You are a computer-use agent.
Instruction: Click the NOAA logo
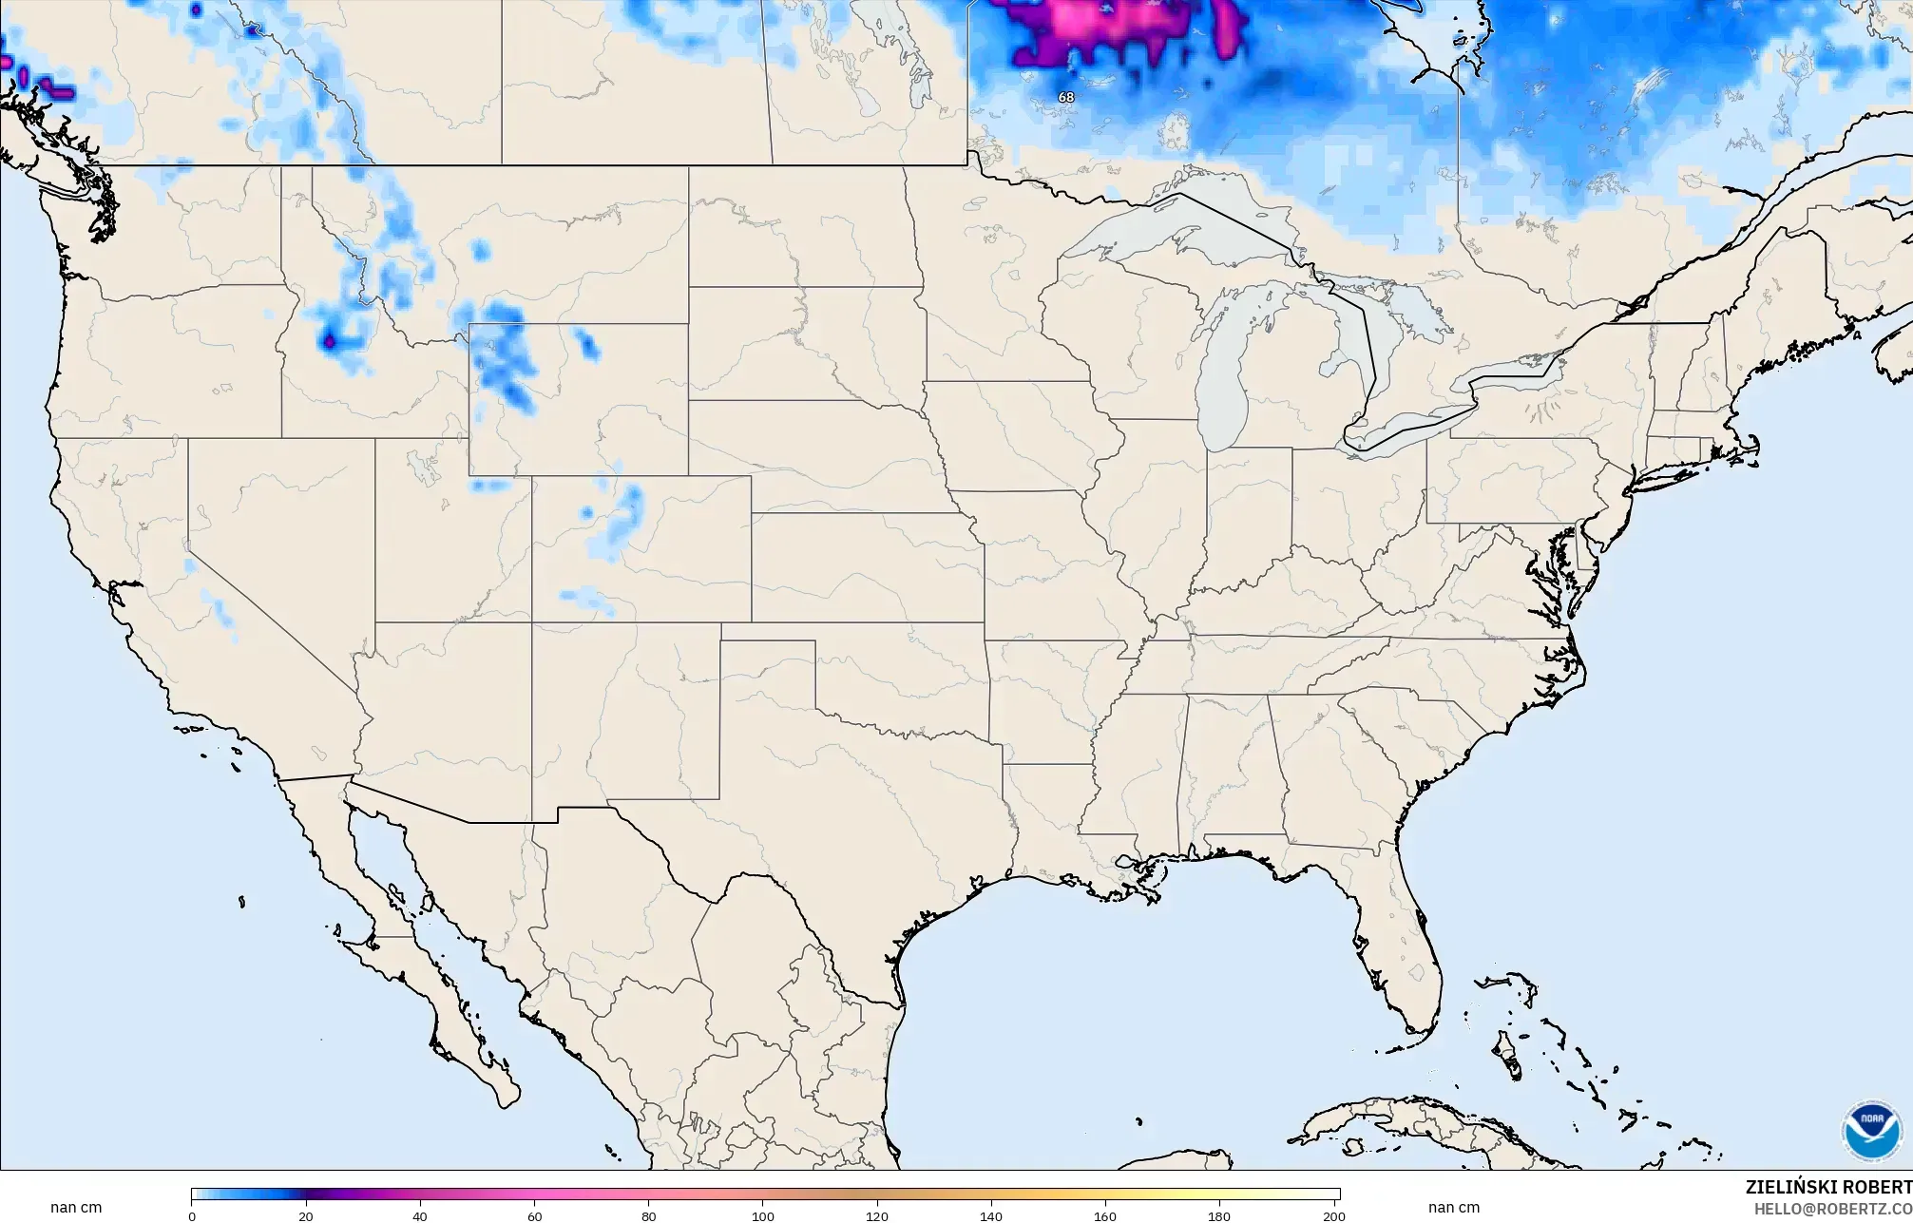(x=1872, y=1131)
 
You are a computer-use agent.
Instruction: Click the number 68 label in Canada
(x=1065, y=97)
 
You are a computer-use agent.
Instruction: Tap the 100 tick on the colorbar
(x=763, y=1215)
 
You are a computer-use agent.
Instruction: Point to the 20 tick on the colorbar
(x=306, y=1215)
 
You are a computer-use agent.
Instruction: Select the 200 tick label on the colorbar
(x=1333, y=1215)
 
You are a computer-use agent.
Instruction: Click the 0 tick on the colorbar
(x=192, y=1215)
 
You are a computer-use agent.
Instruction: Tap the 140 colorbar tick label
(x=991, y=1215)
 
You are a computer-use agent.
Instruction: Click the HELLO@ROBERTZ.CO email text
(x=1832, y=1208)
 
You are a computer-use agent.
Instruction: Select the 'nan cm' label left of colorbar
(x=76, y=1207)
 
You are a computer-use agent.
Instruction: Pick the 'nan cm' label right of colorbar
(x=1453, y=1207)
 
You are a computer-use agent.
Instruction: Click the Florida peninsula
(x=1397, y=941)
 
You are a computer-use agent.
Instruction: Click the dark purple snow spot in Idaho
(x=330, y=339)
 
